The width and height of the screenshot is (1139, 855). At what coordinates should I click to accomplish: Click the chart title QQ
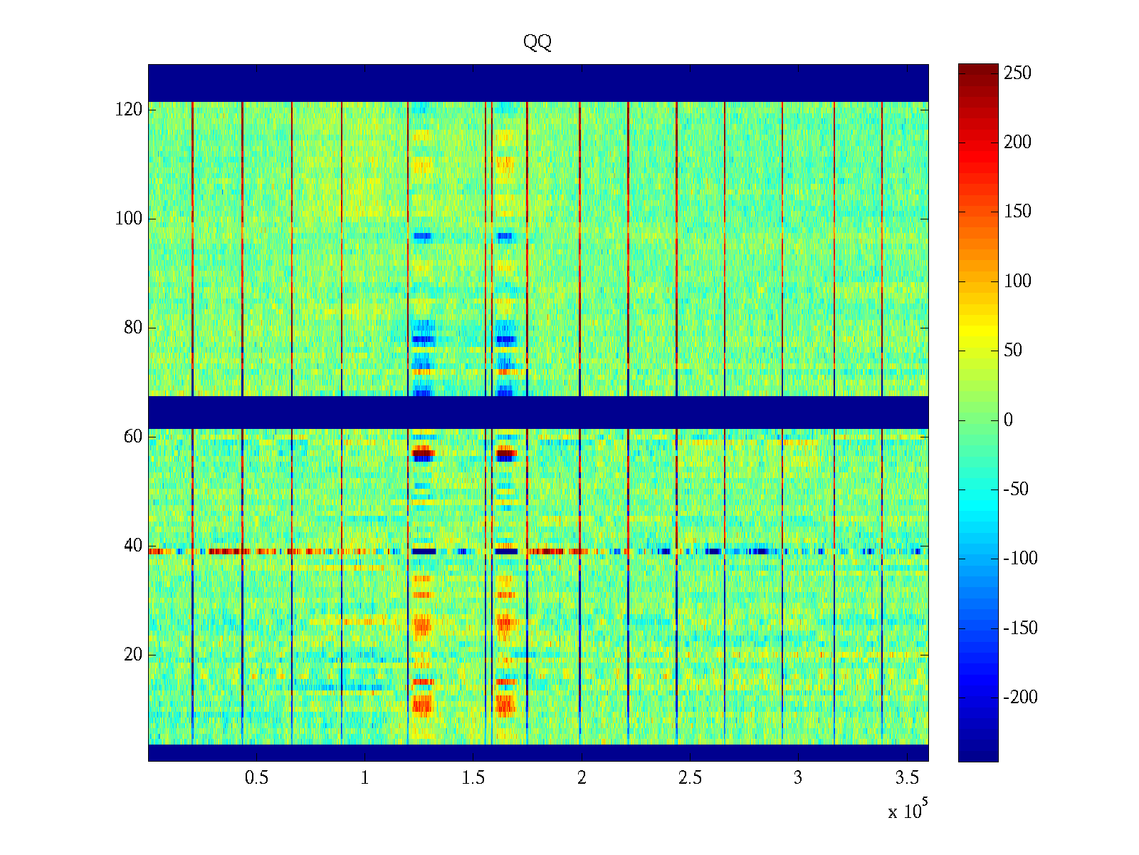[537, 43]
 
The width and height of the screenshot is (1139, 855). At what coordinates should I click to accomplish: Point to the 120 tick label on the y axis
[129, 110]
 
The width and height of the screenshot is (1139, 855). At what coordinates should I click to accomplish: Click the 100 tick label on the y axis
[129, 219]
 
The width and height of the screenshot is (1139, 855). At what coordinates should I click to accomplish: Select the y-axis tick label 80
[133, 328]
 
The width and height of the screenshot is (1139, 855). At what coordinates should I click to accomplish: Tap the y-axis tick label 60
[133, 437]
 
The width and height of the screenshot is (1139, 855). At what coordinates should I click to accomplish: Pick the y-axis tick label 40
[133, 546]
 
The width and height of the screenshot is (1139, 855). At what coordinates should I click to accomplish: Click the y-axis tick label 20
[133, 655]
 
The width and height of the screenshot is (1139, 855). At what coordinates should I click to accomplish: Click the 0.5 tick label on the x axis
[256, 778]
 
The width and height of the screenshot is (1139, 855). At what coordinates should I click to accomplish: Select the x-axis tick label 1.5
[473, 778]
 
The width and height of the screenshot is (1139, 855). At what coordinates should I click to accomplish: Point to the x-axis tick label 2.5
[690, 778]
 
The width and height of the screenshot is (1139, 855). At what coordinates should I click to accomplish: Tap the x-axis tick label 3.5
[906, 778]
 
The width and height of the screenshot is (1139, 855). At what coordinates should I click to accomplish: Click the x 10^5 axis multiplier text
[908, 811]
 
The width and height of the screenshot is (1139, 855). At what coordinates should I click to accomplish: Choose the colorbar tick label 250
[1017, 73]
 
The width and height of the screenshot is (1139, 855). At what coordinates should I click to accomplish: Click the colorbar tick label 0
[1008, 420]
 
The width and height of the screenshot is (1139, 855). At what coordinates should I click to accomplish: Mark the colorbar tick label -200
[1020, 698]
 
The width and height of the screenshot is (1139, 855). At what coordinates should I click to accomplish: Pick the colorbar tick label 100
[1017, 281]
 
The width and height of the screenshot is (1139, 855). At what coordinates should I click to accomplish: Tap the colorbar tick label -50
[1016, 489]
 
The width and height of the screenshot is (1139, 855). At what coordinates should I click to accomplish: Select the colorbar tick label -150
[1020, 628]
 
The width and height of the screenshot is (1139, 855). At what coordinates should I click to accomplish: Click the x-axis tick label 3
[798, 778]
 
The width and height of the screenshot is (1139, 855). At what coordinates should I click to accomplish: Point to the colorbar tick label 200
[1017, 142]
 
